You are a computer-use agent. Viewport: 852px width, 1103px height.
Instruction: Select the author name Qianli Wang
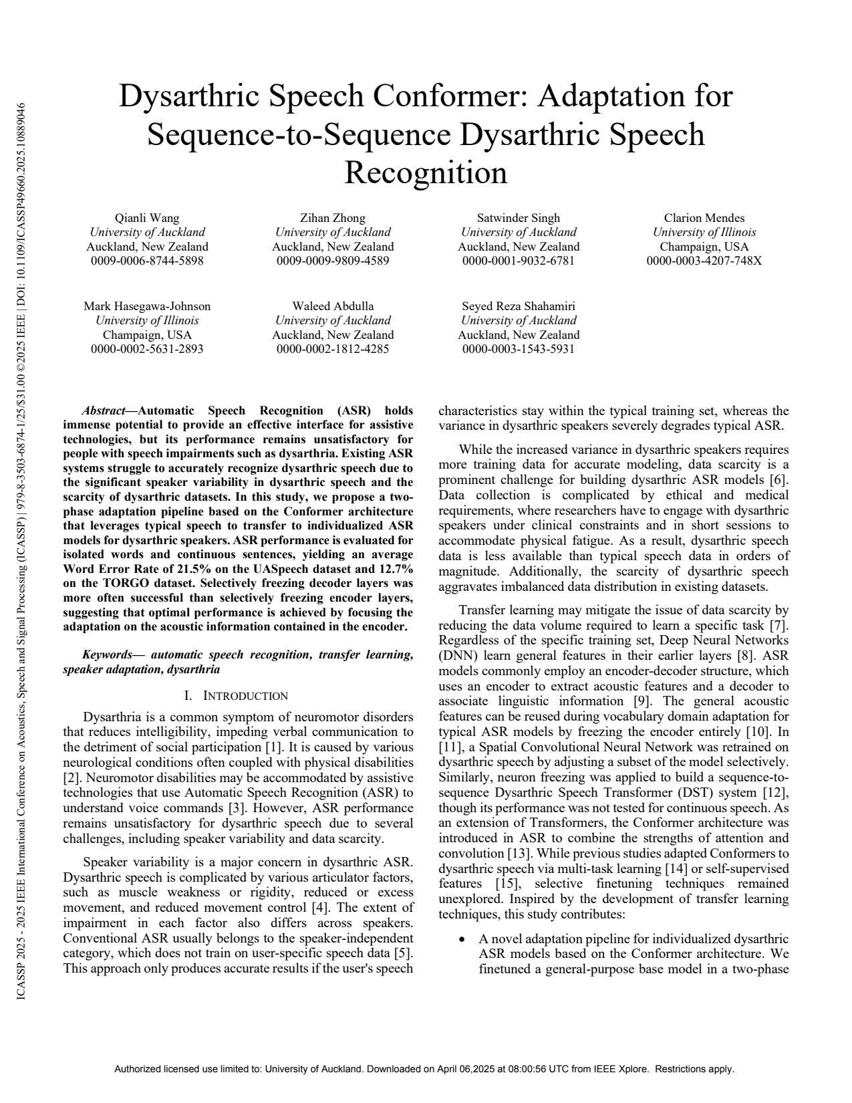(147, 218)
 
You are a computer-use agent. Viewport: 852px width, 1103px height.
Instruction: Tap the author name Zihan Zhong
(333, 218)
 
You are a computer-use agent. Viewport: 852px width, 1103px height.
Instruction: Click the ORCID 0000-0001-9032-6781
(519, 261)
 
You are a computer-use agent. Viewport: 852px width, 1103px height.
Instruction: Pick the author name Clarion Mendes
(704, 218)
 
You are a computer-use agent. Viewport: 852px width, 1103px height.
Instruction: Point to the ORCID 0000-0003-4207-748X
(704, 261)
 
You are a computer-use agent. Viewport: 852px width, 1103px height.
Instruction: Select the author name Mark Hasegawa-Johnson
(147, 306)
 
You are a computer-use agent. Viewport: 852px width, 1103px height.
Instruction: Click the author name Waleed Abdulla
(333, 306)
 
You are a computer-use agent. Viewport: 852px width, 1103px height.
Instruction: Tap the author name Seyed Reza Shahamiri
(519, 306)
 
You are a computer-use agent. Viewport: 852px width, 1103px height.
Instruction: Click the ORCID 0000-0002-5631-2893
(147, 349)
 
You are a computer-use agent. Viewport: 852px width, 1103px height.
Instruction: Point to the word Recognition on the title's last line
(426, 173)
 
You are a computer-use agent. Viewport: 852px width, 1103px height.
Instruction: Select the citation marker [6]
(778, 480)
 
